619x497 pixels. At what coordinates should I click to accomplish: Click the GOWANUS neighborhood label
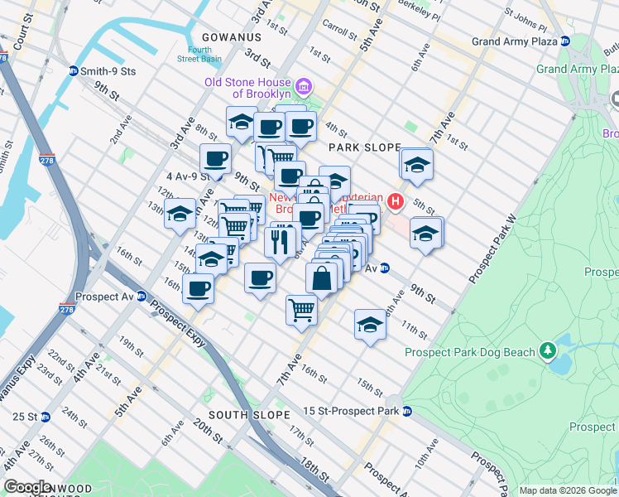click(231, 37)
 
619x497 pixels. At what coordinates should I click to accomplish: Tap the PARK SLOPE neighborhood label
click(364, 147)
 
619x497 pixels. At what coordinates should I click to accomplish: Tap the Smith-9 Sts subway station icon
click(73, 71)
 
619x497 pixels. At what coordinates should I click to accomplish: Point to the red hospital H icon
click(396, 200)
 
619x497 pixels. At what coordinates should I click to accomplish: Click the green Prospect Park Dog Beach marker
click(547, 352)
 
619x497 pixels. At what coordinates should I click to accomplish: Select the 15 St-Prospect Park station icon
click(406, 412)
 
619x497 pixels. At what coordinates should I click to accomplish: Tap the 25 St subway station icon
click(46, 416)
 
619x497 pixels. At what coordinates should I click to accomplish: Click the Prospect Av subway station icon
click(142, 296)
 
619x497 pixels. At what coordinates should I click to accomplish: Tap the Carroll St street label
click(338, 27)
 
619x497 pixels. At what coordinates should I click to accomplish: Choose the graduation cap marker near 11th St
click(370, 324)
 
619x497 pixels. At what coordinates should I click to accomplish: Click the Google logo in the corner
click(27, 487)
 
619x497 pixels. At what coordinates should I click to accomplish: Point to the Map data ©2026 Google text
click(568, 490)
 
